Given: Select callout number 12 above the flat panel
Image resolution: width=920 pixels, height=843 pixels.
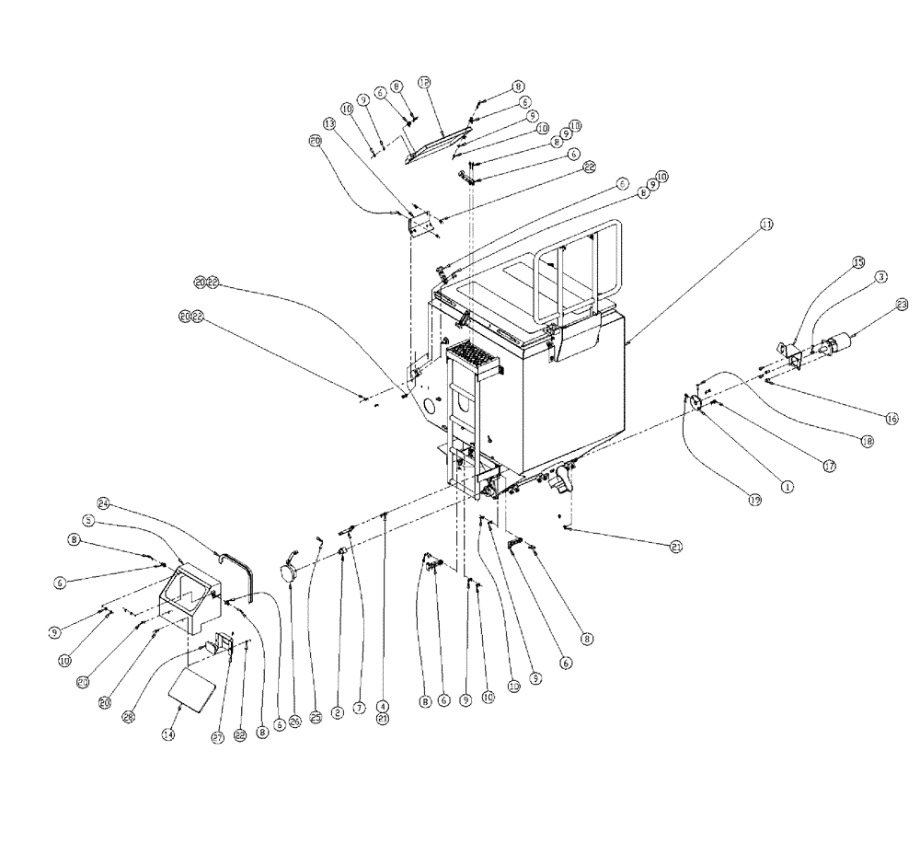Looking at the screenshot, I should point(425,82).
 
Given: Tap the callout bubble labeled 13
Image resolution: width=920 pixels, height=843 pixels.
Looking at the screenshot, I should point(329,124).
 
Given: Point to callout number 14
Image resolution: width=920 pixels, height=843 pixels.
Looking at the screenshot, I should point(167,734).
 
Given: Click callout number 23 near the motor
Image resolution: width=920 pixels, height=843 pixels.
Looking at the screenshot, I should point(901,305).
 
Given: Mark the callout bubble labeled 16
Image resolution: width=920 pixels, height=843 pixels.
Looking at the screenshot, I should point(891,418).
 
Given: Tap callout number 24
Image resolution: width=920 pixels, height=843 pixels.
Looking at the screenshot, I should point(104,503).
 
